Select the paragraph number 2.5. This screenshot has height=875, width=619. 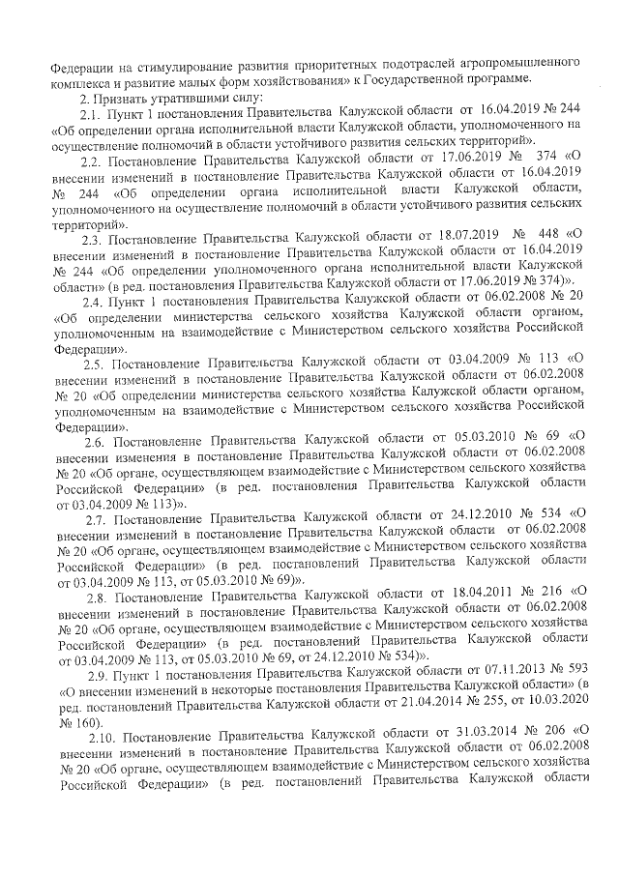pos(97,365)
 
